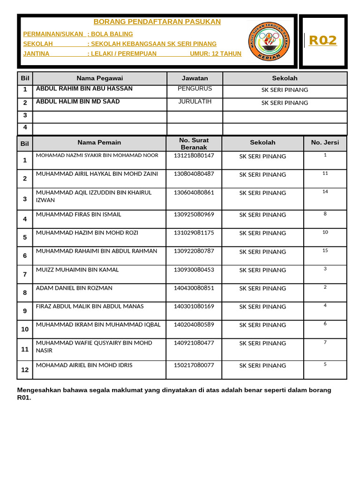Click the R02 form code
pyautogui.click(x=323, y=41)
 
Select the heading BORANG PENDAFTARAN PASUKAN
pyautogui.click(x=157, y=22)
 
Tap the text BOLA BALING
pyautogui.click(x=112, y=34)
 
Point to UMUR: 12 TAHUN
pyautogui.click(x=216, y=54)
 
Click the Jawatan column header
pyautogui.click(x=195, y=78)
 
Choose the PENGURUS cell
pyautogui.click(x=195, y=89)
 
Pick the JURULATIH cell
pyautogui.click(x=195, y=102)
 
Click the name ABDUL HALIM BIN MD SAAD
pyautogui.click(x=78, y=102)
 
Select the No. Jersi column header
pyautogui.click(x=325, y=142)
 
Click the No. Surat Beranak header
pyautogui.click(x=194, y=144)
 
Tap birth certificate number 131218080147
pyautogui.click(x=194, y=156)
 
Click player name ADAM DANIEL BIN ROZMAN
pyautogui.click(x=74, y=288)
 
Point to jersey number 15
pyautogui.click(x=325, y=250)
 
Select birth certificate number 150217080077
pyautogui.click(x=194, y=365)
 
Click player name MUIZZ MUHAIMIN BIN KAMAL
pyautogui.click(x=77, y=270)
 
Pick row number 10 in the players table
pyautogui.click(x=25, y=330)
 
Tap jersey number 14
pyautogui.click(x=325, y=191)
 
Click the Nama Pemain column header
pyautogui.click(x=99, y=142)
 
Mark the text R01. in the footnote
pyautogui.click(x=24, y=398)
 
